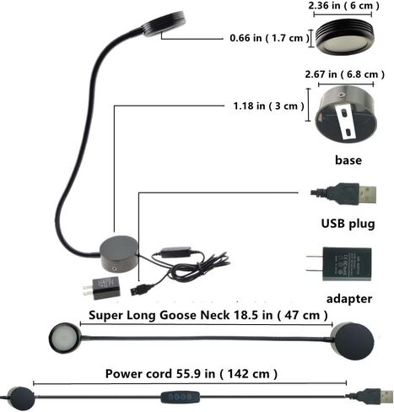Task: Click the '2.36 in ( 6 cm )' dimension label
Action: (x=343, y=6)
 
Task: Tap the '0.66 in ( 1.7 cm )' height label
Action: (x=269, y=38)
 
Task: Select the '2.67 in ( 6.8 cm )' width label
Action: (x=344, y=74)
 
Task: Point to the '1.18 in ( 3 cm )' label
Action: (x=268, y=106)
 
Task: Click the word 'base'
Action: (x=348, y=160)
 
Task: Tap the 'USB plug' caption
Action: (x=348, y=224)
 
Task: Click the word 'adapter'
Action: (x=349, y=299)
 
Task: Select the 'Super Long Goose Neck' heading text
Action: (x=159, y=315)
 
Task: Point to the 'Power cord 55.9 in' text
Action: (x=160, y=374)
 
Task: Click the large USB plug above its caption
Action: (x=343, y=194)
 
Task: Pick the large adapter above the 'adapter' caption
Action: (x=339, y=264)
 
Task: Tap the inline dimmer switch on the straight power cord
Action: (x=181, y=398)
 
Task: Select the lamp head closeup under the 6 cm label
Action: (x=345, y=36)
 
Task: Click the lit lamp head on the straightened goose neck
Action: (x=65, y=338)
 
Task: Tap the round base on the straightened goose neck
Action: (x=353, y=341)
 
